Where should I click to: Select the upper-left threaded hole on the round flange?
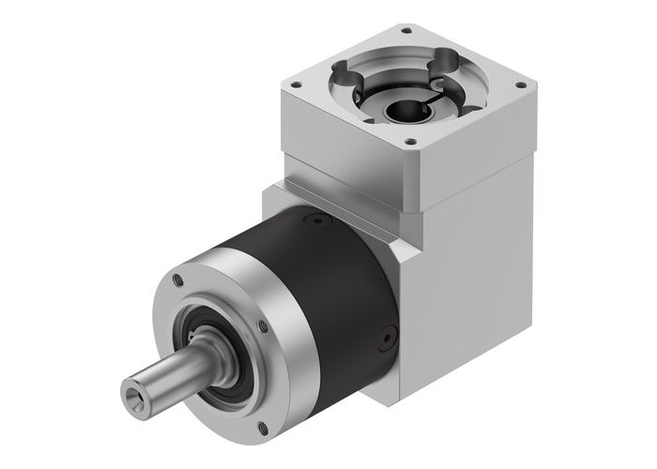pos(175,280)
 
